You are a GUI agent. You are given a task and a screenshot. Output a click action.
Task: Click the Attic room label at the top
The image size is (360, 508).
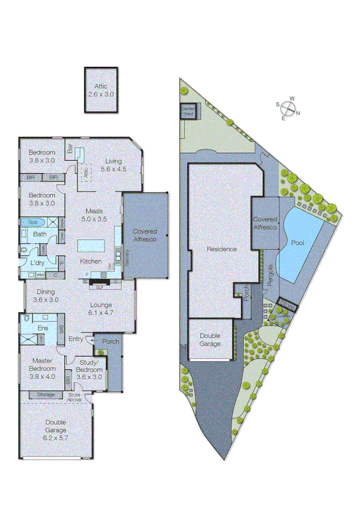coord(100,90)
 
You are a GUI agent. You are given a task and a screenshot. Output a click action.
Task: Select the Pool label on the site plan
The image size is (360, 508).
coord(297,243)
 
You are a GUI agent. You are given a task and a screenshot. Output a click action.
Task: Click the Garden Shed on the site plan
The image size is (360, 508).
coord(188,111)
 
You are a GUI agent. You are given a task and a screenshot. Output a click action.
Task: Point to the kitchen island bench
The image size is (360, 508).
coord(90,246)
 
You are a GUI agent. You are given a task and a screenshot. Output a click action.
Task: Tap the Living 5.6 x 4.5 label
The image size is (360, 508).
coord(113,165)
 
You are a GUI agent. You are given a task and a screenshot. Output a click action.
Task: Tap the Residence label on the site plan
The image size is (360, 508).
coord(222,249)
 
